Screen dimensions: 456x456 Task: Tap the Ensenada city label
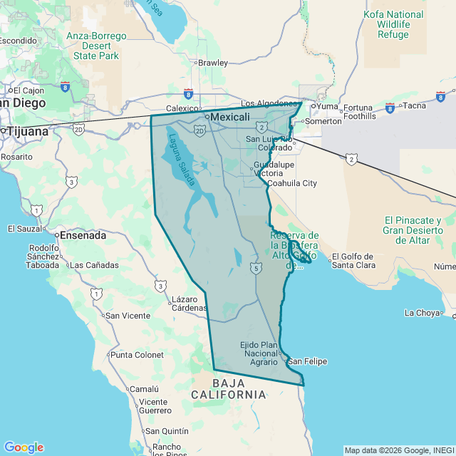[x=83, y=234]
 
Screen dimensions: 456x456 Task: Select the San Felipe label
[x=307, y=361]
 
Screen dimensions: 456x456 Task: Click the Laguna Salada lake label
[x=181, y=160]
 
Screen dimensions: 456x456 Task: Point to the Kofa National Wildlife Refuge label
[x=393, y=24]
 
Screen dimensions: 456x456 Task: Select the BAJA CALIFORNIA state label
[x=229, y=388]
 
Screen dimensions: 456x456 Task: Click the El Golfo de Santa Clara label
[x=354, y=261]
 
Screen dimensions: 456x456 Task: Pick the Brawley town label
[x=212, y=63]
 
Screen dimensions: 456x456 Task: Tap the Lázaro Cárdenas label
[x=189, y=304]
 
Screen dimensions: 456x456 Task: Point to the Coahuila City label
[x=292, y=183]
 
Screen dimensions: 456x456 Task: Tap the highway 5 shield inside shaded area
[x=255, y=267]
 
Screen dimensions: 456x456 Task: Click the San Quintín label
[x=167, y=431]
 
